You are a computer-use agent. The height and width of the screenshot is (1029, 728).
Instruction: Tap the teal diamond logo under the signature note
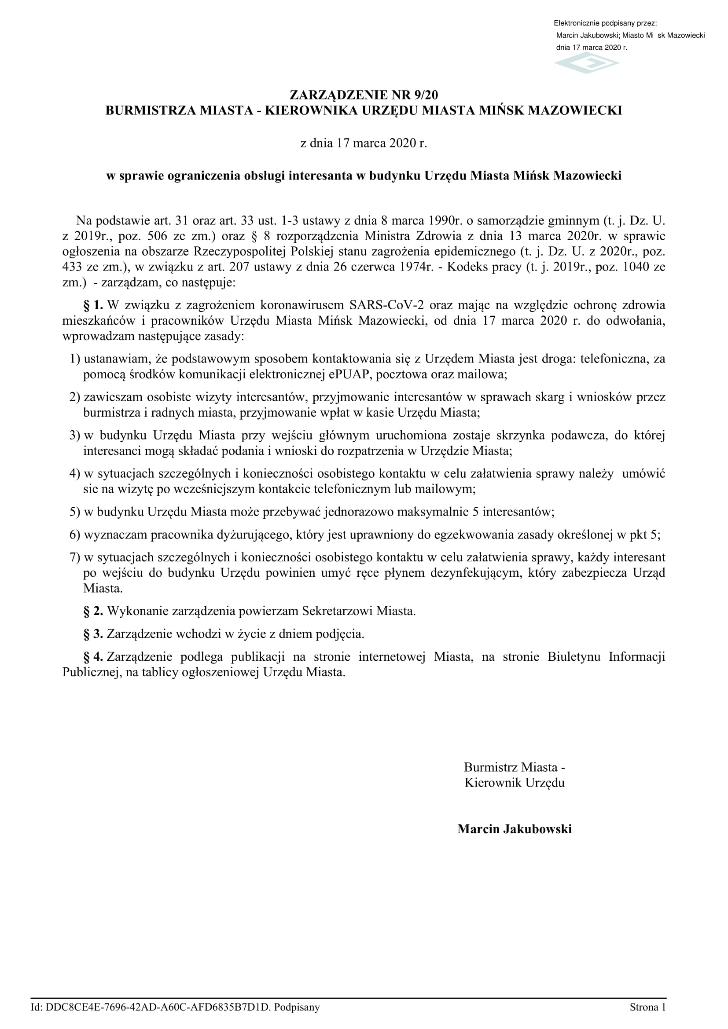coord(586,63)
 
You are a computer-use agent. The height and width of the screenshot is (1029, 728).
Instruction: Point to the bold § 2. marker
coord(93,611)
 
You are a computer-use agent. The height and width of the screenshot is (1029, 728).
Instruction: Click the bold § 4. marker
coord(93,656)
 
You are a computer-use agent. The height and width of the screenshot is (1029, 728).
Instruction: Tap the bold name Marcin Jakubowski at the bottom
coord(514,829)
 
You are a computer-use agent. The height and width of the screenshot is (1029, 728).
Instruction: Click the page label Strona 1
coord(647,1007)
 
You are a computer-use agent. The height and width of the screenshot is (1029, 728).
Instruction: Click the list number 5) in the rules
coord(74,512)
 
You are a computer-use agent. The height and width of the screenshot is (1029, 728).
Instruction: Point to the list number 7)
coord(74,557)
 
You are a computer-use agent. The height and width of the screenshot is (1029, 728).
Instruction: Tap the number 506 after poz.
coord(157,236)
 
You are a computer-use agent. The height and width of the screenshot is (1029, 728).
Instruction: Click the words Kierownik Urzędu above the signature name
coord(514,783)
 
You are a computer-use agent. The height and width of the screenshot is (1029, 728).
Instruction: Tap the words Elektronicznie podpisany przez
coord(605,23)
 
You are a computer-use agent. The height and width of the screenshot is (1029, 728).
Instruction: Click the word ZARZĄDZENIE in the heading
coord(339,95)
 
